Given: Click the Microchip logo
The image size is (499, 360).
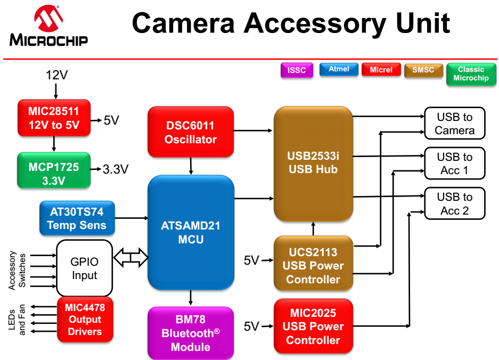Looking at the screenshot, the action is click(x=48, y=26).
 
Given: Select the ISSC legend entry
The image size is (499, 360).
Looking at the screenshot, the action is click(x=297, y=70).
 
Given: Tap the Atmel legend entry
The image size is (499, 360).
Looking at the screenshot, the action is click(x=339, y=69).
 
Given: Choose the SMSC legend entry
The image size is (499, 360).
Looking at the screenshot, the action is click(x=423, y=70).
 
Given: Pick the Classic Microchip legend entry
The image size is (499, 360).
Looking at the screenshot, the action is click(x=471, y=74).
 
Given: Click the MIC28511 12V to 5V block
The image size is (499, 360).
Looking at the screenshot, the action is click(x=54, y=118).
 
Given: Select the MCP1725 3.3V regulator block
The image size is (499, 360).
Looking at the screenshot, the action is click(x=54, y=170).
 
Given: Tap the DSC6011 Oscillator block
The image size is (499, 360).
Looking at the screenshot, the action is click(x=191, y=132).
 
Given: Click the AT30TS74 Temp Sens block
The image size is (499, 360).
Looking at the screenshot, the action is click(x=77, y=218).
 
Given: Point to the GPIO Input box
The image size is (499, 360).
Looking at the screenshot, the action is click(x=84, y=268).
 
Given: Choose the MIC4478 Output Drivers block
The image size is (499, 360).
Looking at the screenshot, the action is click(x=85, y=319).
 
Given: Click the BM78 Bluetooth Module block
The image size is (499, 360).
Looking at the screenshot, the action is click(x=191, y=333).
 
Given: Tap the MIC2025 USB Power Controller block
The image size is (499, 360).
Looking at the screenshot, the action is click(x=313, y=326).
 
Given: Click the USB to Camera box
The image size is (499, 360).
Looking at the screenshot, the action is click(x=455, y=123).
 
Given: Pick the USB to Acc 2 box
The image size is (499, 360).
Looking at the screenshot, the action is click(x=455, y=203).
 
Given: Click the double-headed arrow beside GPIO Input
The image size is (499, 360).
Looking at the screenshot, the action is click(x=131, y=257).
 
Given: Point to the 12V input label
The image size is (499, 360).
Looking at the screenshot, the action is click(x=56, y=75).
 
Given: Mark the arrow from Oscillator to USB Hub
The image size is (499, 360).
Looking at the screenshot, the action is click(x=253, y=130).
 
